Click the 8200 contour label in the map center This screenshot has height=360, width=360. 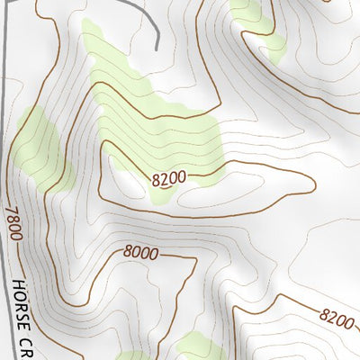[169, 177]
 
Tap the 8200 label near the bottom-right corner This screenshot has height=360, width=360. [336, 317]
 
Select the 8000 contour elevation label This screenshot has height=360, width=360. [141, 254]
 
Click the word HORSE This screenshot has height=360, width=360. [22, 301]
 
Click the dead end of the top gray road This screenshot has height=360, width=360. [157, 48]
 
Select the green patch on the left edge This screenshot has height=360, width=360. [40, 144]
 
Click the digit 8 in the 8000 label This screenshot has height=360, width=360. [128, 253]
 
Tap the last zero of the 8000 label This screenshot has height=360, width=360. [154, 255]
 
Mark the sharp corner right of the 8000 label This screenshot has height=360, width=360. [195, 259]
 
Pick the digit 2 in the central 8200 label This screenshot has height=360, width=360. [164, 178]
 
